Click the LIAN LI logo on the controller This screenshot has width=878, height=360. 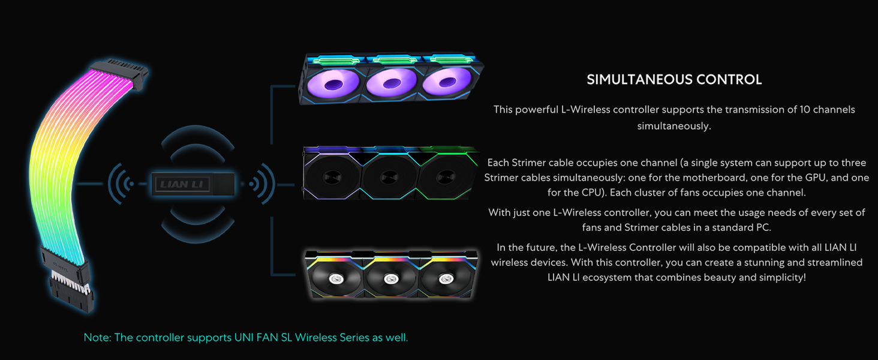(x=182, y=184)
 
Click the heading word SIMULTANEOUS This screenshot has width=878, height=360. (x=640, y=80)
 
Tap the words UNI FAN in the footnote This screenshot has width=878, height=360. (x=256, y=337)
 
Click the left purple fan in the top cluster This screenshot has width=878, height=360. (x=333, y=83)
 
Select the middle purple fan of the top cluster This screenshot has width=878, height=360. (x=391, y=83)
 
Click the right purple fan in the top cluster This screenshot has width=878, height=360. (x=447, y=82)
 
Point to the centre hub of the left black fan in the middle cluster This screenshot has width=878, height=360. (x=332, y=177)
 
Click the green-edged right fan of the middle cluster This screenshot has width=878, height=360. (x=447, y=176)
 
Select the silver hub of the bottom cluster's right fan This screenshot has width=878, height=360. (x=444, y=278)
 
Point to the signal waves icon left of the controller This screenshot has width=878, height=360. (x=122, y=184)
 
